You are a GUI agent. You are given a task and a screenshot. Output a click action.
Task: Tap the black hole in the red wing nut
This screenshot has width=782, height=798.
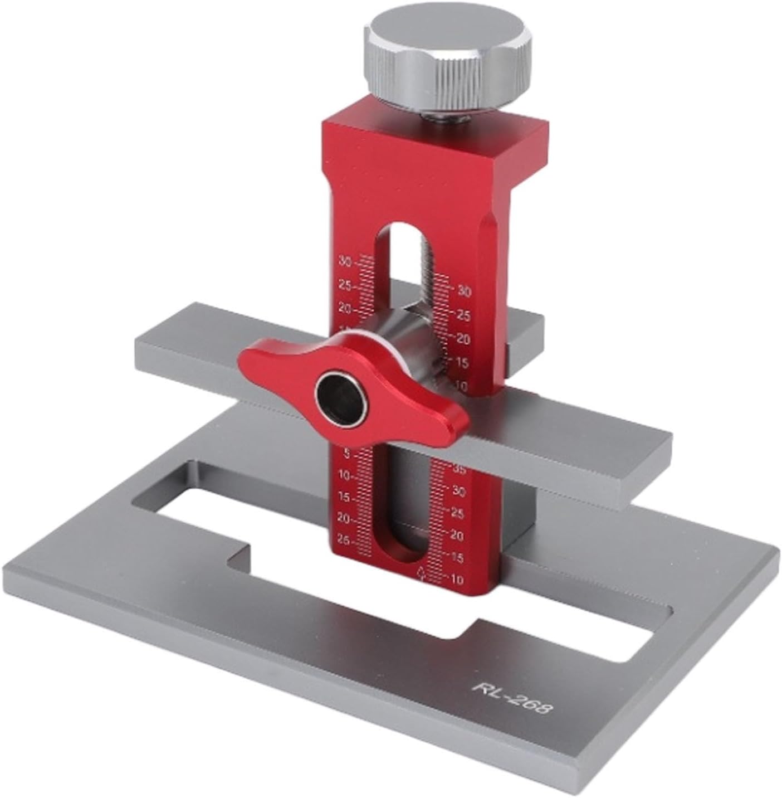click(x=340, y=397)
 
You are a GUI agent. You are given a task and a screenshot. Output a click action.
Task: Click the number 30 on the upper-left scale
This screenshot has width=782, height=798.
click(x=345, y=261)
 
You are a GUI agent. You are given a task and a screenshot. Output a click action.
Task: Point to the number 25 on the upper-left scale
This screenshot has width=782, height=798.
click(x=344, y=286)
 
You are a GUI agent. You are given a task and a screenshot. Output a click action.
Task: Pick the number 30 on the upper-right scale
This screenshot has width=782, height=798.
click(x=464, y=291)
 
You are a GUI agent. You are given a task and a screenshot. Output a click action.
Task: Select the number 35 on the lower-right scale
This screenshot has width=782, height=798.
click(x=458, y=470)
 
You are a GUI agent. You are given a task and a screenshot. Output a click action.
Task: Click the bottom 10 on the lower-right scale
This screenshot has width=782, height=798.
click(x=456, y=580)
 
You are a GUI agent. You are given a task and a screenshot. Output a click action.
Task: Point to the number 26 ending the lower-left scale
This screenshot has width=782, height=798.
click(x=344, y=541)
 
